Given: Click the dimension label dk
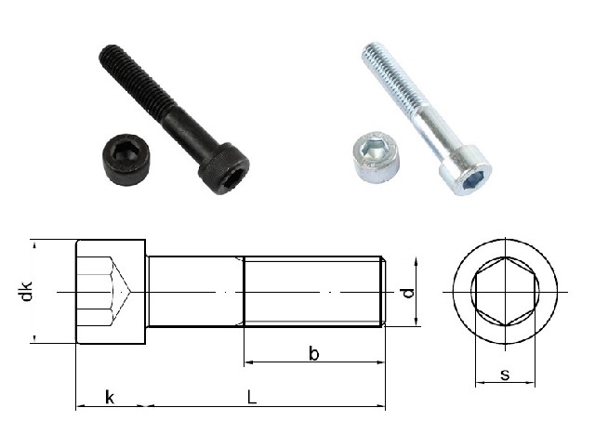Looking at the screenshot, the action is coord(27,292).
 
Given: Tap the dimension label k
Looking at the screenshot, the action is coord(110,398).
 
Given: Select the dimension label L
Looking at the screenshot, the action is coord(252,398).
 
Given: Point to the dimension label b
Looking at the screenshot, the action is coord(314,353).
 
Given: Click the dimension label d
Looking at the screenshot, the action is coord(408,293).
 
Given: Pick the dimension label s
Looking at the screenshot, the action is coord(505,375).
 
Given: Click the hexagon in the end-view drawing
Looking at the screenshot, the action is coord(505,292).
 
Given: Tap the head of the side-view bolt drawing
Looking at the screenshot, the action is coord(111,292).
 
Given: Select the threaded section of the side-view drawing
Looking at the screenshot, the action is coord(312,292).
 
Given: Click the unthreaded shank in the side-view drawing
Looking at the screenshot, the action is coord(195,292).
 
